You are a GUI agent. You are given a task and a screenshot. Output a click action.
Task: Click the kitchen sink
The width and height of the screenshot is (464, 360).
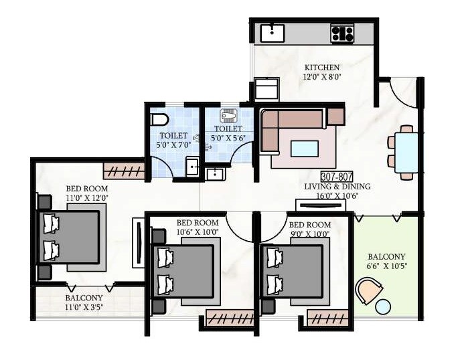(x=273, y=31)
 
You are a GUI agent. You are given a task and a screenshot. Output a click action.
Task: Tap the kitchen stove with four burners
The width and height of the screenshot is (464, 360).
(x=342, y=33)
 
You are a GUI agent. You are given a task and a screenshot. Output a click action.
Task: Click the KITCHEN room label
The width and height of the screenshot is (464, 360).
(x=322, y=68)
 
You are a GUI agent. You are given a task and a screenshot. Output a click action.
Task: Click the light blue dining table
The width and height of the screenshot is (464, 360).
(x=406, y=153)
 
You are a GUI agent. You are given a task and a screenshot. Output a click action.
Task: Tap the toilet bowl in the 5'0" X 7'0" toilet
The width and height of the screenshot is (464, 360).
(x=158, y=120)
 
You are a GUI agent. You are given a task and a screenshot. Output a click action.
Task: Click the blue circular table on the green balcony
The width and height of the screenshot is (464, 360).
(x=383, y=307)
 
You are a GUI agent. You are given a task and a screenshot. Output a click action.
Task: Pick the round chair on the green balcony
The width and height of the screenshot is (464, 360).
(x=368, y=291)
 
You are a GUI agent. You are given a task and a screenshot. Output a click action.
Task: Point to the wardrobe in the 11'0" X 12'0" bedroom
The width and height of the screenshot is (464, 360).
(x=123, y=171)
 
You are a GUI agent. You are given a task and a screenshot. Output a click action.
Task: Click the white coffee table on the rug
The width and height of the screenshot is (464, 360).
(x=305, y=147)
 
